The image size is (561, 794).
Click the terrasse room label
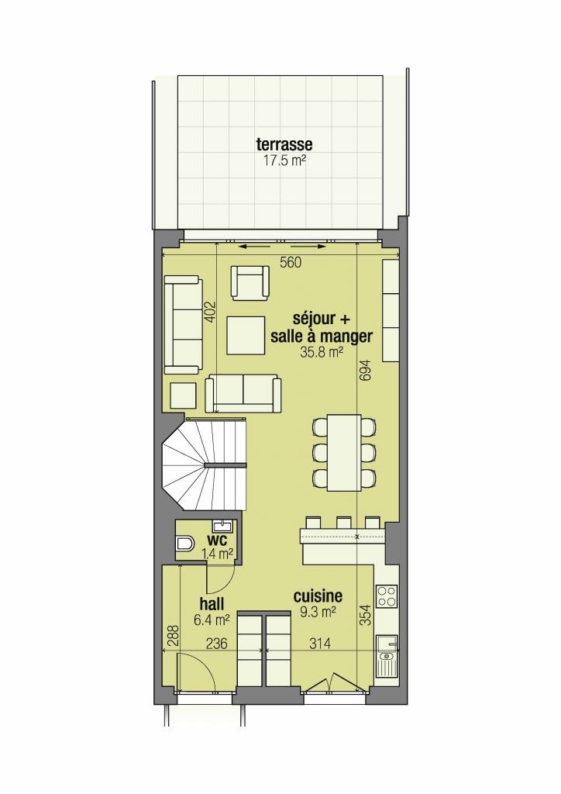284,143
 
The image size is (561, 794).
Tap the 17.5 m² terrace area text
284,161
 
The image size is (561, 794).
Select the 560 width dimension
291,262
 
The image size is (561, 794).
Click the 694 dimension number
365,370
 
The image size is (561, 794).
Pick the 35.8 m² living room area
322,352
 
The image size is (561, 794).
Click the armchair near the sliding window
250,282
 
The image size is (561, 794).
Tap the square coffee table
246,335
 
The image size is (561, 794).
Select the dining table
344,452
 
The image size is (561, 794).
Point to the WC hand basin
222,526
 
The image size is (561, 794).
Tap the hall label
212,603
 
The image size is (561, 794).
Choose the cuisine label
318,596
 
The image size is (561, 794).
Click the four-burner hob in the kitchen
387,596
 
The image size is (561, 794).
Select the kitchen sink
387,657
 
